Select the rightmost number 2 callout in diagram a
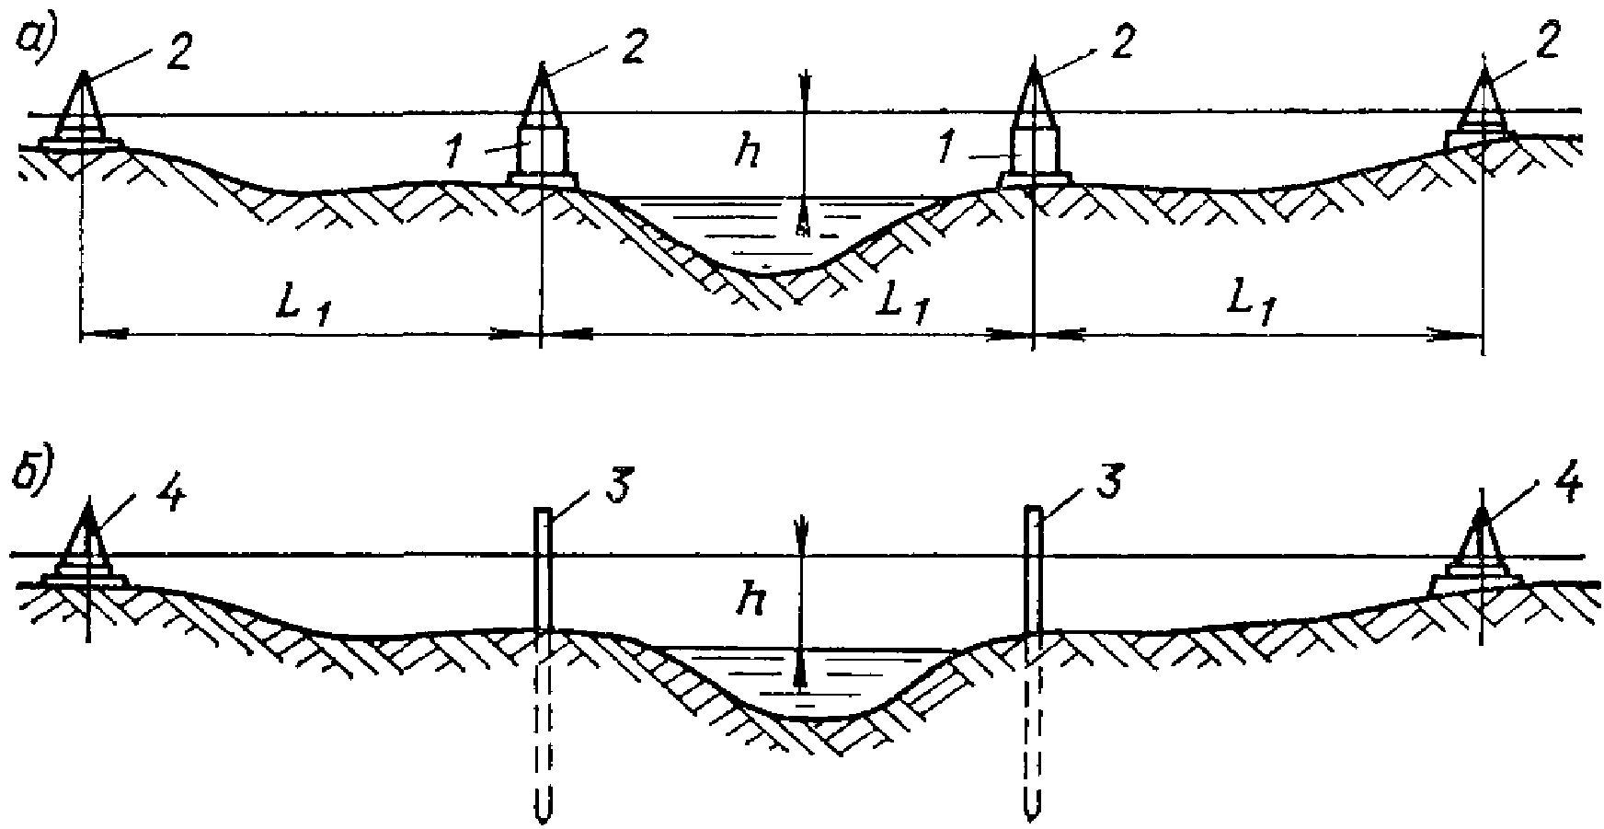pyautogui.click(x=1548, y=46)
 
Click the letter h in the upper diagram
pyautogui.click(x=749, y=153)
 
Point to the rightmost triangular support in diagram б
pyautogui.click(x=1481, y=552)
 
